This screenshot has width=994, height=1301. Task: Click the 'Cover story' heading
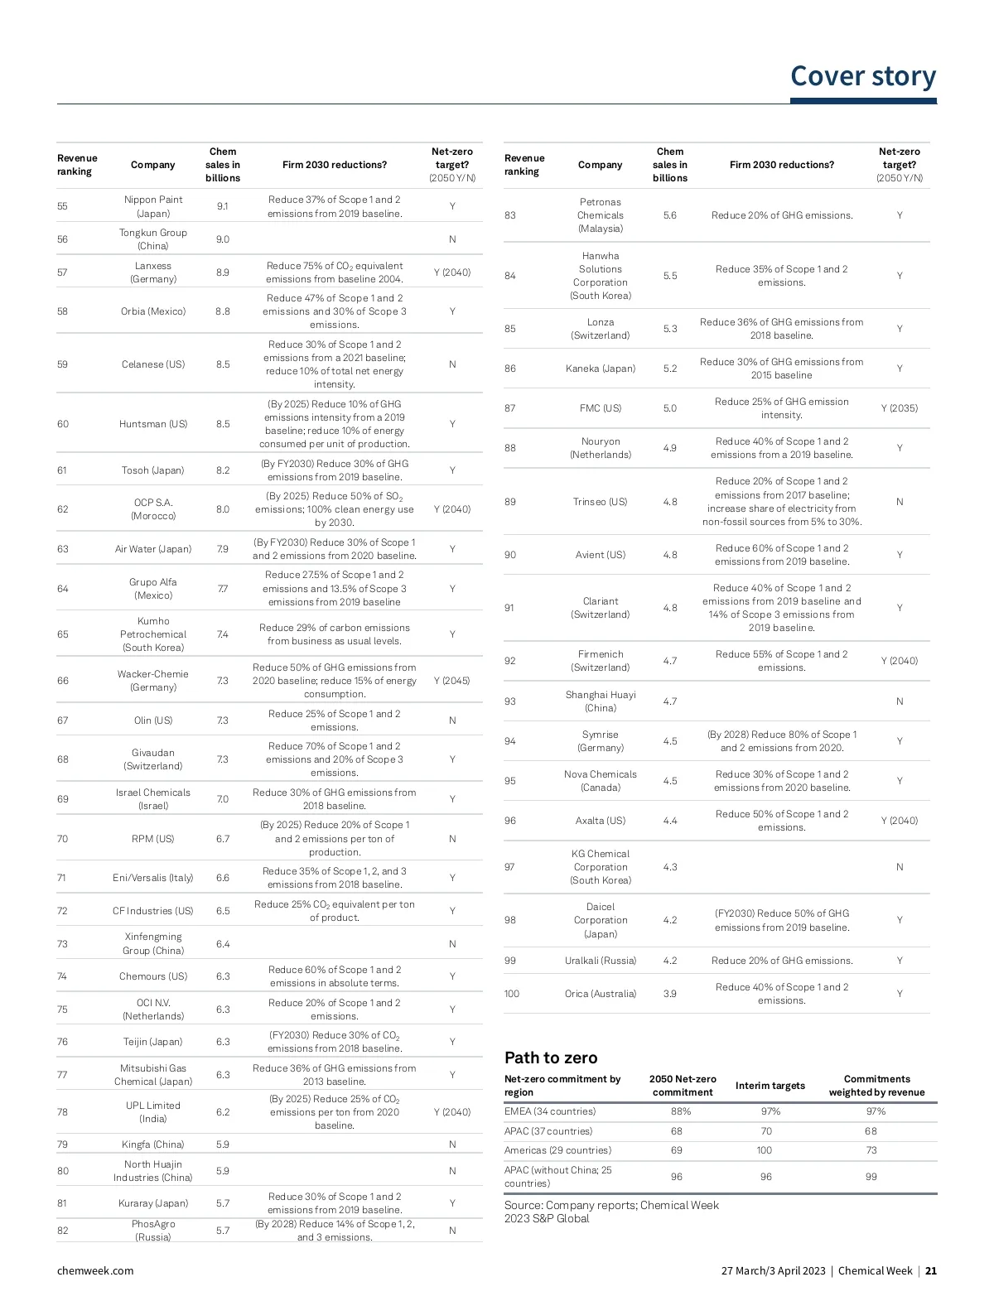(862, 76)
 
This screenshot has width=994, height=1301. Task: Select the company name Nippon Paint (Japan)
(153, 206)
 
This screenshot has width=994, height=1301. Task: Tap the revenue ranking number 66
(63, 681)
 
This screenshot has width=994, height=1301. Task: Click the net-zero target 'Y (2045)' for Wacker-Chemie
(451, 681)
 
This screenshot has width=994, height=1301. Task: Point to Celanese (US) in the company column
(153, 364)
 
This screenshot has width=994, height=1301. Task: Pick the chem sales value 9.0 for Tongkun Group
(223, 239)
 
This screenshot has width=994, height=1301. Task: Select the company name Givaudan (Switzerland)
(153, 759)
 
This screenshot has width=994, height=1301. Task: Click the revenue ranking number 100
(512, 994)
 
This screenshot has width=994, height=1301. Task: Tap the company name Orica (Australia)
(601, 994)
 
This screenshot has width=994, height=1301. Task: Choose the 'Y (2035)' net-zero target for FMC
(900, 408)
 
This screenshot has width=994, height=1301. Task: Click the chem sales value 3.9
(670, 994)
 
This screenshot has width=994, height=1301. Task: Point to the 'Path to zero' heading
(551, 1058)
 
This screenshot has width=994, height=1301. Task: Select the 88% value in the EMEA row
(681, 1111)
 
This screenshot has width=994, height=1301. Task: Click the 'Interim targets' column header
(770, 1086)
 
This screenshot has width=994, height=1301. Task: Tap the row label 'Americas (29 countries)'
(558, 1150)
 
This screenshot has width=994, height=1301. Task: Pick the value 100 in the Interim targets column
(765, 1150)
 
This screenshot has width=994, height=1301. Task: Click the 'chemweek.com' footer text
(95, 1270)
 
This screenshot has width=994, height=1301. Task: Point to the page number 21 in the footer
(931, 1270)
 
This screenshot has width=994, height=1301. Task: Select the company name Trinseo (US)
(601, 502)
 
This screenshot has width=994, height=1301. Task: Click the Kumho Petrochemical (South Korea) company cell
(153, 634)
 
